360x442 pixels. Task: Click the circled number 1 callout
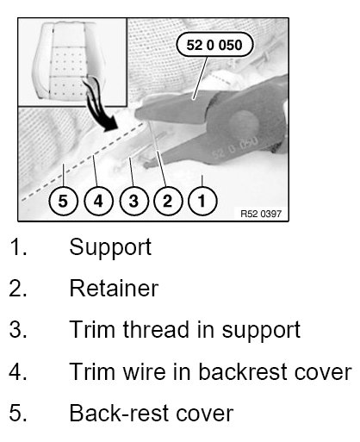(x=202, y=201)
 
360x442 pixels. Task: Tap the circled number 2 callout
(x=168, y=201)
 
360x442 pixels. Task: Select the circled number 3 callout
(x=133, y=201)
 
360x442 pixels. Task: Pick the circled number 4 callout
(x=98, y=201)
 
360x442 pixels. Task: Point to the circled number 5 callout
(x=64, y=201)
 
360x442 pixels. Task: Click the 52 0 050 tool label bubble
(x=214, y=45)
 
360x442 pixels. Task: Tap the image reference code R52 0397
(x=261, y=214)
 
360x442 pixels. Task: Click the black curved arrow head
(x=110, y=125)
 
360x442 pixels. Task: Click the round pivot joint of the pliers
(x=244, y=123)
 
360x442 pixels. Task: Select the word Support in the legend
(x=110, y=247)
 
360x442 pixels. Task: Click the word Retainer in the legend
(x=114, y=289)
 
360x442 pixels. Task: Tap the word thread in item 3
(x=156, y=329)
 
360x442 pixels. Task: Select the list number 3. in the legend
(x=18, y=329)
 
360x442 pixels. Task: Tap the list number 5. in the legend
(x=18, y=414)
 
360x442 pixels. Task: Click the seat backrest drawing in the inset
(x=69, y=60)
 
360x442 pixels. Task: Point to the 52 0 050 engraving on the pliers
(x=235, y=147)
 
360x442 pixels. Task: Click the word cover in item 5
(x=204, y=414)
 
